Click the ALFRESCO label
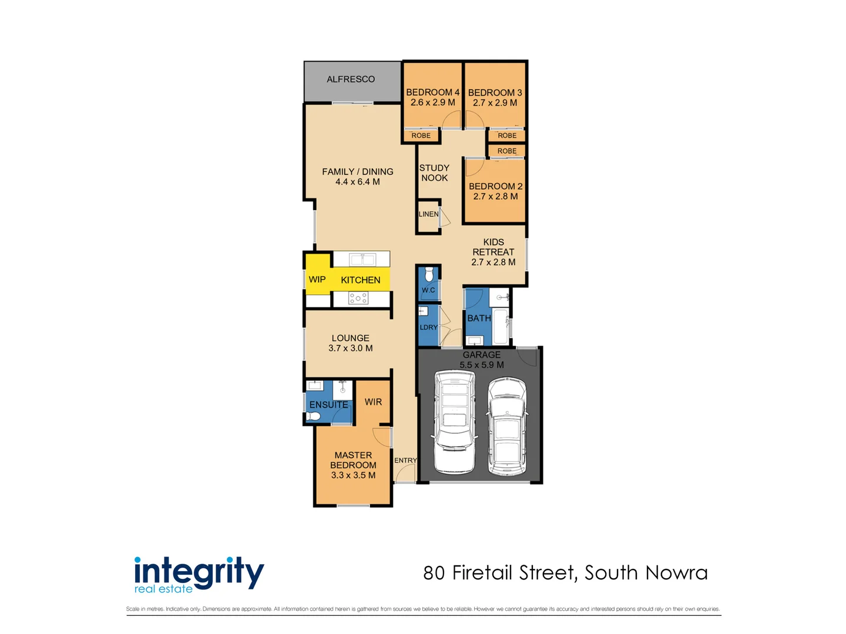pyautogui.click(x=351, y=79)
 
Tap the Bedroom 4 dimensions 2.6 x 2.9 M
pyautogui.click(x=432, y=103)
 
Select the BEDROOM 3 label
pyautogui.click(x=495, y=93)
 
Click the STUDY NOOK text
pyautogui.click(x=434, y=173)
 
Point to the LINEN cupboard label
pyautogui.click(x=428, y=214)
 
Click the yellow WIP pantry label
pyautogui.click(x=317, y=279)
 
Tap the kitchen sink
pyautogui.click(x=362, y=259)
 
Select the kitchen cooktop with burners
pyautogui.click(x=358, y=298)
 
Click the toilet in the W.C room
pyautogui.click(x=429, y=274)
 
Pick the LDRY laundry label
pyautogui.click(x=428, y=328)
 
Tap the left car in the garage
pyautogui.click(x=454, y=423)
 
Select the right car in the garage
pyautogui.click(x=507, y=427)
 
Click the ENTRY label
pyautogui.click(x=405, y=461)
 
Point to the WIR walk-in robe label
pyautogui.click(x=373, y=402)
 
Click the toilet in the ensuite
pyautogui.click(x=313, y=417)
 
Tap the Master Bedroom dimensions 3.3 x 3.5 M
pyautogui.click(x=353, y=475)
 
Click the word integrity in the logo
pyautogui.click(x=199, y=571)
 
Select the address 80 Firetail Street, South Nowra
pyautogui.click(x=565, y=573)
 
